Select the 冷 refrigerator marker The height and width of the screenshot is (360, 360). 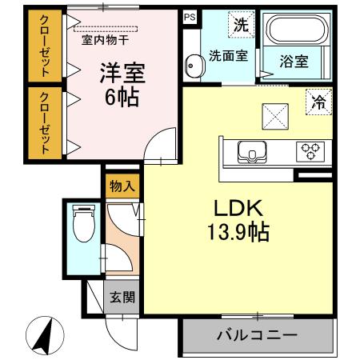[318, 102]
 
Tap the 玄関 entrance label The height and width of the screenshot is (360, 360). [122, 298]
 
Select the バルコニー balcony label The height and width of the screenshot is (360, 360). [256, 334]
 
